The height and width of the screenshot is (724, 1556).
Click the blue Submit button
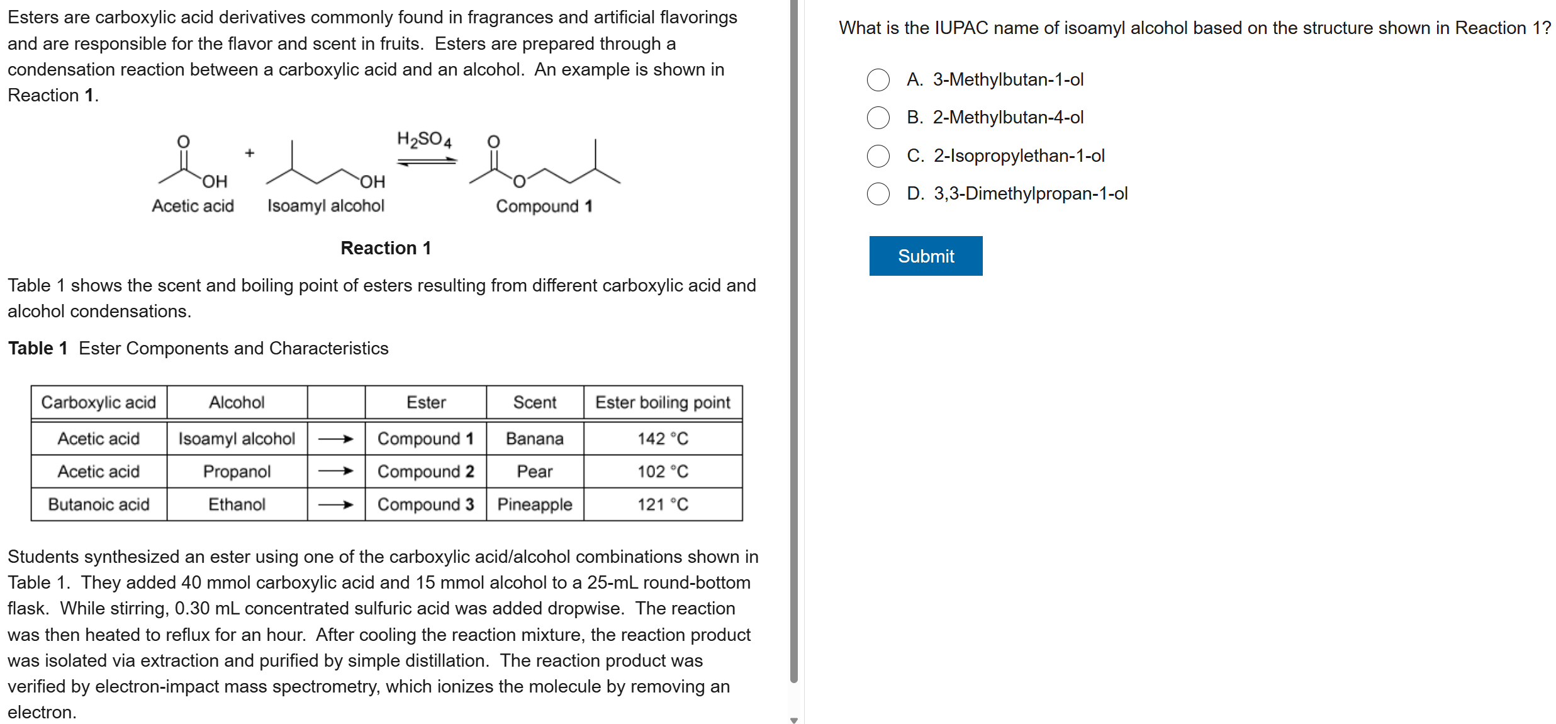pyautogui.click(x=925, y=256)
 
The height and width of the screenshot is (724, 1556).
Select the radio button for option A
pyautogui.click(x=878, y=80)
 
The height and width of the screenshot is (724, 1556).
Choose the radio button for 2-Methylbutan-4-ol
pyautogui.click(x=878, y=118)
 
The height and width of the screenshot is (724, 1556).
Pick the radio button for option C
pyautogui.click(x=878, y=156)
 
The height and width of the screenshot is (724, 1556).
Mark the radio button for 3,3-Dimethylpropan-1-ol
pyautogui.click(x=878, y=194)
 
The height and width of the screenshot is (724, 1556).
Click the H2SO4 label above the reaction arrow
pyautogui.click(x=423, y=139)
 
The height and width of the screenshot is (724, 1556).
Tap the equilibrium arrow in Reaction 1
pyautogui.click(x=427, y=162)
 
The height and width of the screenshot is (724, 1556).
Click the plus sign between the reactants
pyautogui.click(x=250, y=153)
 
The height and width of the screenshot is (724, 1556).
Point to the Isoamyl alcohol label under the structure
pyautogui.click(x=325, y=206)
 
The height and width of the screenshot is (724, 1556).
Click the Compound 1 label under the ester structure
pyautogui.click(x=544, y=206)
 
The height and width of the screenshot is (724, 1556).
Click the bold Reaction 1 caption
pyautogui.click(x=385, y=248)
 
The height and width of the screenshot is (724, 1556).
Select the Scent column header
pyautogui.click(x=534, y=402)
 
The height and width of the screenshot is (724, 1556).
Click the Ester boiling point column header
pyautogui.click(x=663, y=402)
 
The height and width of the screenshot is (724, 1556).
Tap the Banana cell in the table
pyautogui.click(x=534, y=438)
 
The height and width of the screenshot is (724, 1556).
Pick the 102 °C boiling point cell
pyautogui.click(x=663, y=472)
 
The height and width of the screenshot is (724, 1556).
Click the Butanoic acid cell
pyautogui.click(x=99, y=504)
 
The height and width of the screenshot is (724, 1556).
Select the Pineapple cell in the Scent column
pyautogui.click(x=534, y=504)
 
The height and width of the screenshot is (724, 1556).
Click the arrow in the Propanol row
pyautogui.click(x=335, y=471)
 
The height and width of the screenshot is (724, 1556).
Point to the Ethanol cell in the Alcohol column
pyautogui.click(x=237, y=504)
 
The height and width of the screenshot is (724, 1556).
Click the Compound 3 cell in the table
pyautogui.click(x=425, y=504)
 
